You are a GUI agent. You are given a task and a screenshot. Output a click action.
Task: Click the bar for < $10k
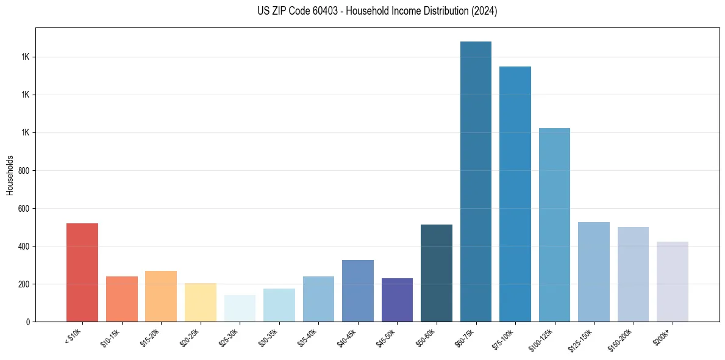click(82, 272)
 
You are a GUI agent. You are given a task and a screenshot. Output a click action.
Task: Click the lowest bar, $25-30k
click(240, 308)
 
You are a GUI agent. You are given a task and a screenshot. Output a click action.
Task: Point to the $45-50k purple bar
click(397, 300)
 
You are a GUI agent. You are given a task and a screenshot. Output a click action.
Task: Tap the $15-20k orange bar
click(161, 296)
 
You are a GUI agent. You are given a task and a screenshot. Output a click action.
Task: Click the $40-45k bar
click(358, 290)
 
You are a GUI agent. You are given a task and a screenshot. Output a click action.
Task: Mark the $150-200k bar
click(633, 274)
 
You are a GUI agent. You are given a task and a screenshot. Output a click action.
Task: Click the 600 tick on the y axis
click(25, 209)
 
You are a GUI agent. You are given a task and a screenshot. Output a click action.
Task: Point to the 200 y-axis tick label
click(25, 284)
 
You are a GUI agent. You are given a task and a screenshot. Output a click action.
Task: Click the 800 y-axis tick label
click(25, 171)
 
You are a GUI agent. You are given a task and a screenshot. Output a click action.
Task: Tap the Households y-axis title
click(10, 175)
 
